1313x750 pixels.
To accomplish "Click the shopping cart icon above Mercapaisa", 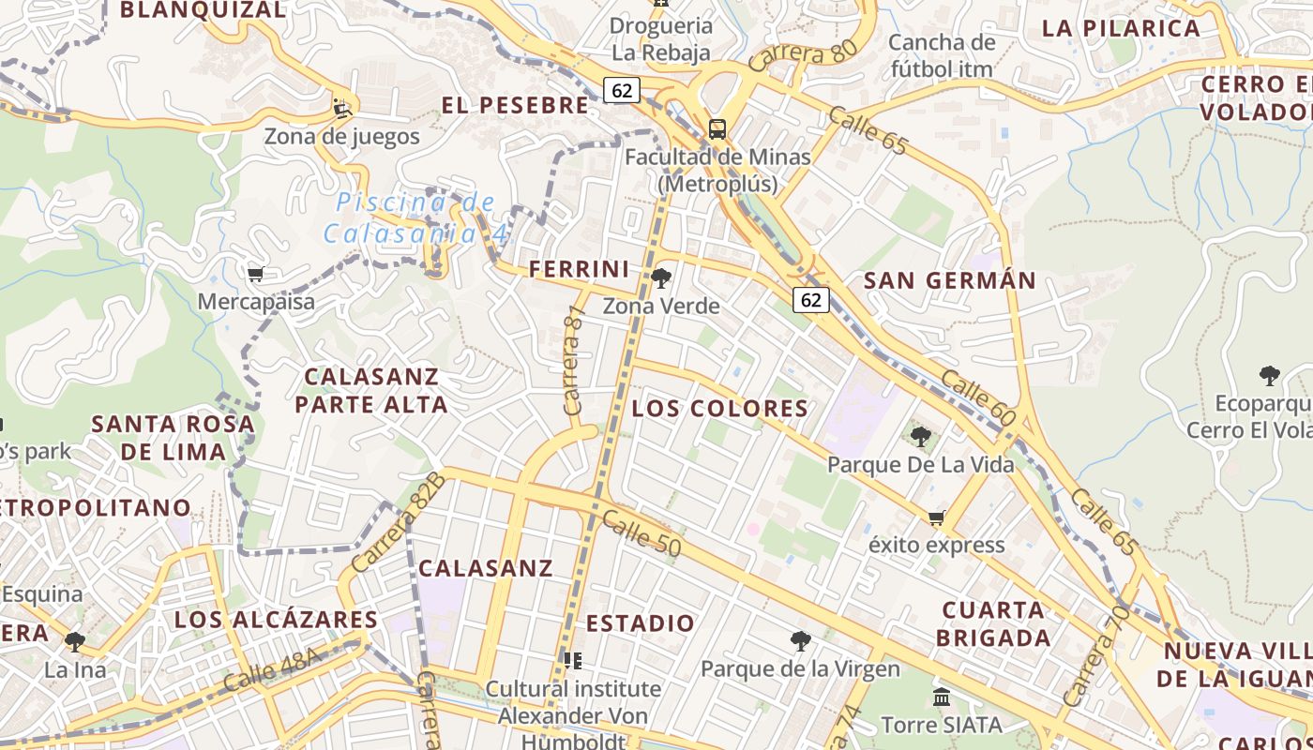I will click(255, 275).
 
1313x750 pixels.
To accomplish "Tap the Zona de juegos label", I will click(341, 137).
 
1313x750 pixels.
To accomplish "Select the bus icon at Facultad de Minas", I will click(717, 129).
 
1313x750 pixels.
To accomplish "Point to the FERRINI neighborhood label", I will click(580, 270).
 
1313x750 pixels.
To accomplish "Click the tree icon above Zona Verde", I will click(661, 277).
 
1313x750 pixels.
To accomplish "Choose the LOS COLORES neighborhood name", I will click(719, 409).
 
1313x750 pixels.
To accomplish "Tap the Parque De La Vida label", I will click(920, 464).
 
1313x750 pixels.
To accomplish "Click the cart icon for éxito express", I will click(936, 517).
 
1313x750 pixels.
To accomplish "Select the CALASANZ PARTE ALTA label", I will click(371, 391).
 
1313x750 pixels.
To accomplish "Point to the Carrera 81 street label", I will click(573, 360).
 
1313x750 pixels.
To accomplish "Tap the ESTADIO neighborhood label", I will click(641, 623).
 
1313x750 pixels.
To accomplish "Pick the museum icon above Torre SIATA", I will click(942, 697).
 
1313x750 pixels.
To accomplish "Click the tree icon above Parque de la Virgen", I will click(800, 641).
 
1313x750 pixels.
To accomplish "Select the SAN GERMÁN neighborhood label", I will click(949, 280).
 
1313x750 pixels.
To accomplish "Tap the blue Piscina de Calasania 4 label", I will click(416, 217).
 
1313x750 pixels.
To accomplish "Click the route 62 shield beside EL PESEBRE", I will click(622, 90).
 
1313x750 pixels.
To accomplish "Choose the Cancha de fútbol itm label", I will click(942, 55).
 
